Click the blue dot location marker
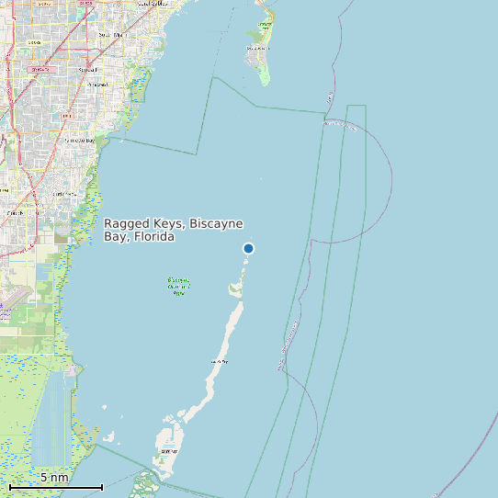point(248,248)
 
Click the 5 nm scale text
point(54,478)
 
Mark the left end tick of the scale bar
point(9,486)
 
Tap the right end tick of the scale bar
point(101,486)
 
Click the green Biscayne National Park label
point(178,286)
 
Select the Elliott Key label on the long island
point(219,362)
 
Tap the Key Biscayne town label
point(265,27)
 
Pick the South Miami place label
point(108,34)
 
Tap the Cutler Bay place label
point(64,194)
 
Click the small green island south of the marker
point(235,289)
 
